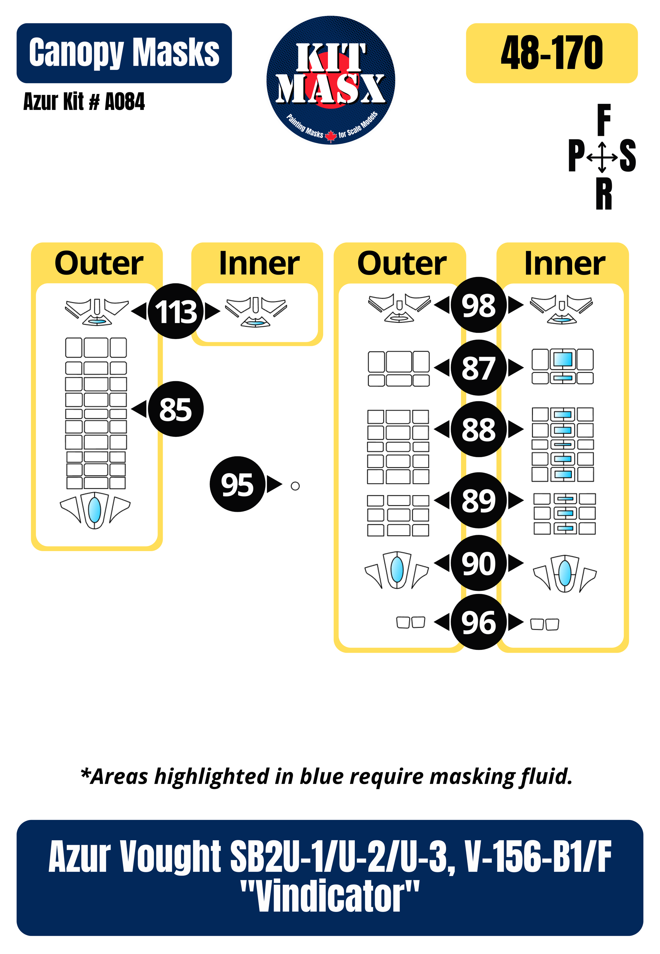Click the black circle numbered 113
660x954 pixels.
pyautogui.click(x=176, y=311)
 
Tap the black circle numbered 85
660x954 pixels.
pyautogui.click(x=176, y=409)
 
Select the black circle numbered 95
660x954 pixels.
pyautogui.click(x=237, y=484)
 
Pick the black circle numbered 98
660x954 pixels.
pyautogui.click(x=479, y=305)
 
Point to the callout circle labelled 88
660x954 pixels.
pyautogui.click(x=479, y=429)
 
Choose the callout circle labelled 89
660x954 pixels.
pyautogui.click(x=479, y=500)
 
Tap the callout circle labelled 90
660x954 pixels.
pyautogui.click(x=479, y=563)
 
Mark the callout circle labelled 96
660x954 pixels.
pyautogui.click(x=479, y=622)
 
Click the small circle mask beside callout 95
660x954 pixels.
pyautogui.click(x=295, y=486)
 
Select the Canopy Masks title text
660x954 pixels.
pyautogui.click(x=124, y=53)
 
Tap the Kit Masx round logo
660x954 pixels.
pyautogui.click(x=331, y=81)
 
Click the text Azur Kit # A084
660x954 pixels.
pyautogui.click(x=84, y=102)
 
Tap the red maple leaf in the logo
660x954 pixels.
pyautogui.click(x=331, y=135)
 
